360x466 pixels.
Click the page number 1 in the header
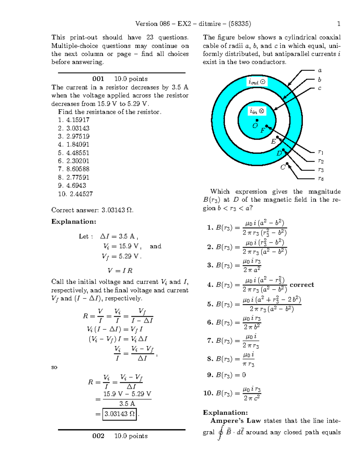point(339,24)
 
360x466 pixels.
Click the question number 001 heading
point(98,79)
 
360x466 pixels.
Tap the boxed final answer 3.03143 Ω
point(119,414)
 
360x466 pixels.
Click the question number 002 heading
point(98,436)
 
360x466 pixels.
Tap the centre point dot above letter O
point(257,120)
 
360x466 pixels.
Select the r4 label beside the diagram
point(321,179)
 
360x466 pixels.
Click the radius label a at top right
point(320,71)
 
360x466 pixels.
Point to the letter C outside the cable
point(283,167)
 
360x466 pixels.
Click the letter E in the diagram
point(273,142)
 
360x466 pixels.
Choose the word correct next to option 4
point(302,284)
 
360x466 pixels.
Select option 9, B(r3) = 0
point(226,375)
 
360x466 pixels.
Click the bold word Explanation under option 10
point(225,412)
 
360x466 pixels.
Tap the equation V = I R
point(120,271)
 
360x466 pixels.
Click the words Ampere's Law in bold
point(235,421)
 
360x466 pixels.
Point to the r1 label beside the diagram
point(321,152)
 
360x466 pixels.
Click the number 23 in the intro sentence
point(150,38)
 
